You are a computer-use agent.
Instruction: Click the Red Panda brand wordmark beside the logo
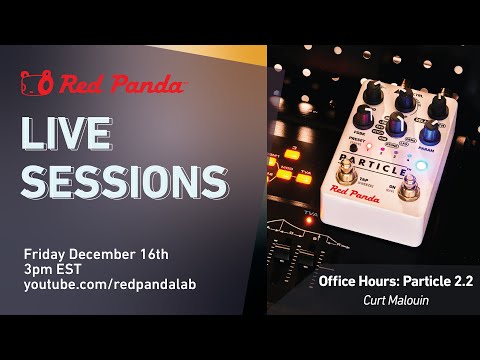tap(120, 85)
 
